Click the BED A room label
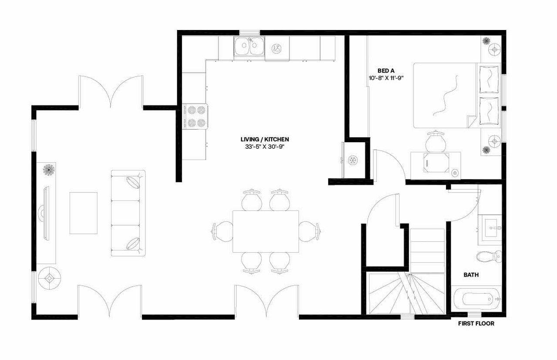386,70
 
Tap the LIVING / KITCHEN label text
265,139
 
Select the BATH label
471,275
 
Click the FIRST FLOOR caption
476,323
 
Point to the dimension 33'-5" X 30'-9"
265,147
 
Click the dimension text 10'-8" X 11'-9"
386,78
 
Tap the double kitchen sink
249,47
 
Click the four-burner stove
195,117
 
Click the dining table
265,231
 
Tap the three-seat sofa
128,213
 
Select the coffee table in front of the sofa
84,213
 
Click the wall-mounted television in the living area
46,213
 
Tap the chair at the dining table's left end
223,231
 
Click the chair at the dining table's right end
309,231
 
